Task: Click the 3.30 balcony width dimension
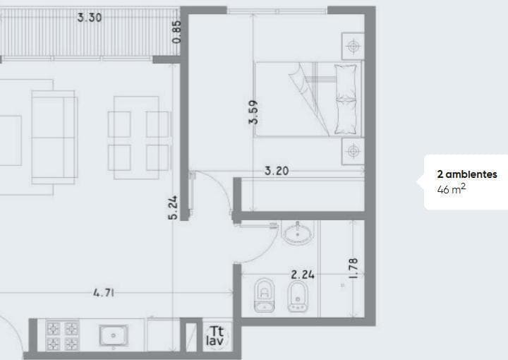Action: [90, 17]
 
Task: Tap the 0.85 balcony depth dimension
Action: [177, 31]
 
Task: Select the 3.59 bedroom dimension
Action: [253, 112]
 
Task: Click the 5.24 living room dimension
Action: [173, 207]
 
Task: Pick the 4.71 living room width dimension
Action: [103, 292]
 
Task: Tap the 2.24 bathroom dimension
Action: [303, 274]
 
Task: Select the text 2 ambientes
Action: [467, 174]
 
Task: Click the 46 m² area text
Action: [452, 189]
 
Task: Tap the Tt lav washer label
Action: [215, 336]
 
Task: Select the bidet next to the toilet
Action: [297, 295]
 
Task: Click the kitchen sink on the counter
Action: [113, 335]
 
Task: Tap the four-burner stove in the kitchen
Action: [62, 336]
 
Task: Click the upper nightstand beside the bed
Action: [351, 47]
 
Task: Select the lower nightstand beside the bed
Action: [351, 151]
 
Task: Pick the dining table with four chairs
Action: [139, 139]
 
